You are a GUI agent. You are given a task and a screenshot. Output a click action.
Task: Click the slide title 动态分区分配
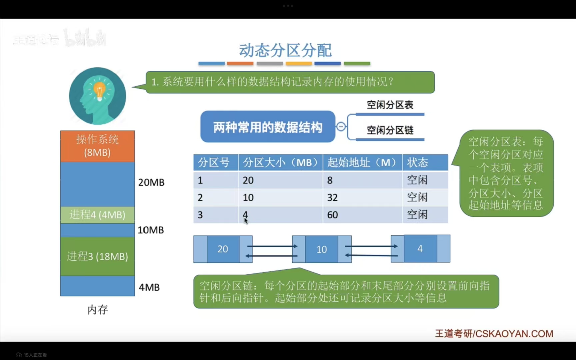285,50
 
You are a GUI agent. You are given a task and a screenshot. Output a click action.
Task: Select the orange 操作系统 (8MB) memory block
97,146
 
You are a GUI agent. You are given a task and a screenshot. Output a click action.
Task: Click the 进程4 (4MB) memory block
97,215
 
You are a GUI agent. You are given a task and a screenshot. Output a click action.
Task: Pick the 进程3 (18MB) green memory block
97,256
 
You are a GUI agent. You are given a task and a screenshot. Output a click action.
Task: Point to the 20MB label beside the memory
151,182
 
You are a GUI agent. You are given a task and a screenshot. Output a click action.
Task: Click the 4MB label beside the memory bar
149,287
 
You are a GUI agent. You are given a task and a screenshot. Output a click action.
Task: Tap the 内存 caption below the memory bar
97,310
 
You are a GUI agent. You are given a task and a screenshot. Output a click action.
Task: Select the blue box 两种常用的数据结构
267,127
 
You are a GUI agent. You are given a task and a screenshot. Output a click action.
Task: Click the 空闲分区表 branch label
390,105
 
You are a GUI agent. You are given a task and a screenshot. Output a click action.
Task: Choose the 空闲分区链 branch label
390,130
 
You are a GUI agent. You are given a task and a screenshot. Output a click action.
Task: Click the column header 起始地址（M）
362,163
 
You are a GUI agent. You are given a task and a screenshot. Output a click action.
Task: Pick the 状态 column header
417,163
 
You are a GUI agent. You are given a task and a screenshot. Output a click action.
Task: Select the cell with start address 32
332,198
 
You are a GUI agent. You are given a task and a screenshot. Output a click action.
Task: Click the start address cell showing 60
332,215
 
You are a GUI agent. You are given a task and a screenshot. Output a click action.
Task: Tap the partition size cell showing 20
248,180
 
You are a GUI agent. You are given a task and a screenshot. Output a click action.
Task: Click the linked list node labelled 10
321,249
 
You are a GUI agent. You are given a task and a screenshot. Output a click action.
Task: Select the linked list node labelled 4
420,248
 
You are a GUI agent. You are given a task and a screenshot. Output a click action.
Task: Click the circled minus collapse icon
341,127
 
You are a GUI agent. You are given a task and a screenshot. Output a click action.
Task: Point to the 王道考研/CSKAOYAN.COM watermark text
494,334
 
